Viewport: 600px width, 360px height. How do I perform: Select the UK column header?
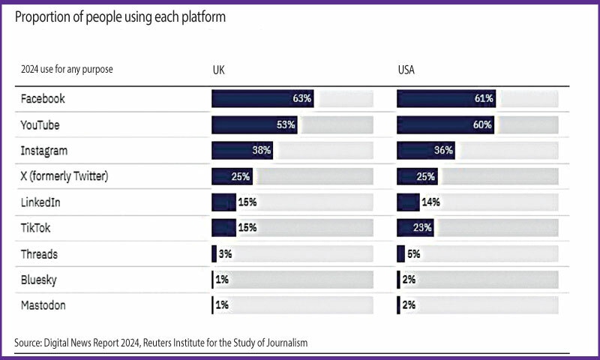coord(218,70)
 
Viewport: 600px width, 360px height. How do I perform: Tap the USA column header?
coord(406,70)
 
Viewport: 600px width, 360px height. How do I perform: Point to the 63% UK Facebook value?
coord(302,98)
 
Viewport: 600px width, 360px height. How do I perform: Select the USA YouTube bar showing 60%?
coord(445,124)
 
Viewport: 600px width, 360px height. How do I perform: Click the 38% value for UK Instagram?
coord(261,150)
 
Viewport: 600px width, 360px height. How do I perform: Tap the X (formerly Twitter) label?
coord(65,176)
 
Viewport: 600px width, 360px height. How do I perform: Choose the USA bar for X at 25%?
coord(416,176)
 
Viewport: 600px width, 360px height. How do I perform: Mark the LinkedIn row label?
coord(42,202)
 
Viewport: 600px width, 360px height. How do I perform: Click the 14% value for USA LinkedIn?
coord(430,202)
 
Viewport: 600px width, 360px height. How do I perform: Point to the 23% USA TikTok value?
coord(423,227)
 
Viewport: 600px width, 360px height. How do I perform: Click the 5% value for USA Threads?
coord(413,253)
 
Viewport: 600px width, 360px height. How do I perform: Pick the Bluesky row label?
coord(40,280)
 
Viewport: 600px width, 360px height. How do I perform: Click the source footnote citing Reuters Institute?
coord(160,343)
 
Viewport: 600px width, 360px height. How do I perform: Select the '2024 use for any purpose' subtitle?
coord(67,70)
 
